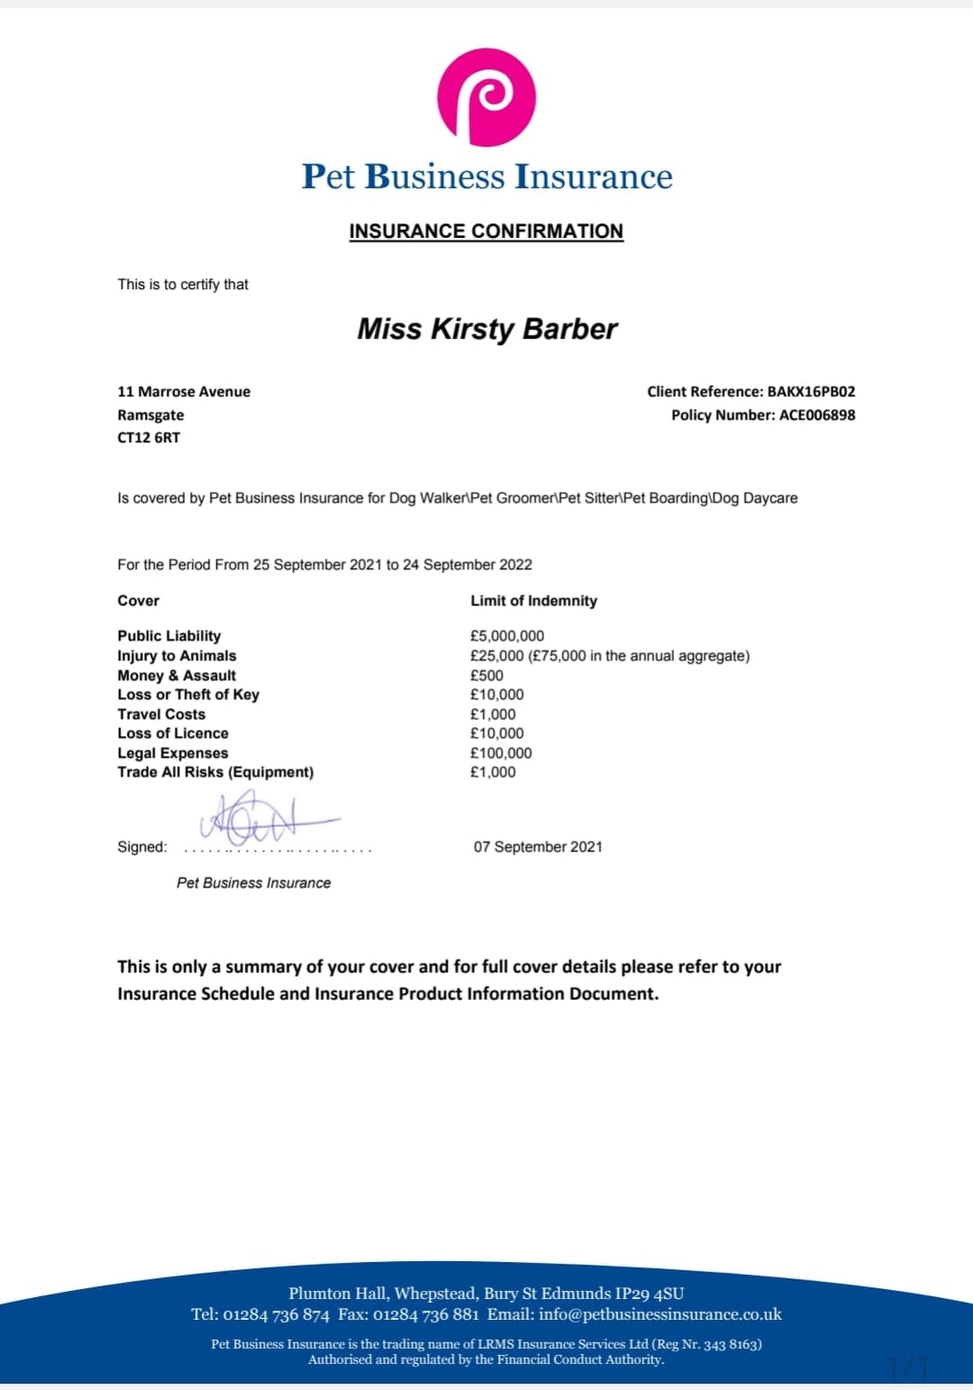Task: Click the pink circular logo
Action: point(486,97)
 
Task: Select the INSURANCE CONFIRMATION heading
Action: point(486,232)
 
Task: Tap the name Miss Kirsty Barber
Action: point(486,329)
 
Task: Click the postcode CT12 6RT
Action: point(149,438)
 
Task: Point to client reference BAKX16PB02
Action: point(811,392)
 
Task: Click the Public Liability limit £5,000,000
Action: point(507,636)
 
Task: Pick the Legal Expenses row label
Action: point(173,753)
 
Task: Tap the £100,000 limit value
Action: point(501,753)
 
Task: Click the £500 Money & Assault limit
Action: point(486,676)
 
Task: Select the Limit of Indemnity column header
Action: point(533,601)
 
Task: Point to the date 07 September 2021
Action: point(538,847)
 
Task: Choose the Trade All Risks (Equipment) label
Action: point(215,772)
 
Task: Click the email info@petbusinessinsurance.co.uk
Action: point(660,1314)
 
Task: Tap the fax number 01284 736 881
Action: point(426,1314)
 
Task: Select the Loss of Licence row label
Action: point(173,733)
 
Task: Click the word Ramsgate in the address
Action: point(150,415)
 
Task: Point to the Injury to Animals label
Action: point(177,656)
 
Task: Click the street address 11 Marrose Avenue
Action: point(184,392)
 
